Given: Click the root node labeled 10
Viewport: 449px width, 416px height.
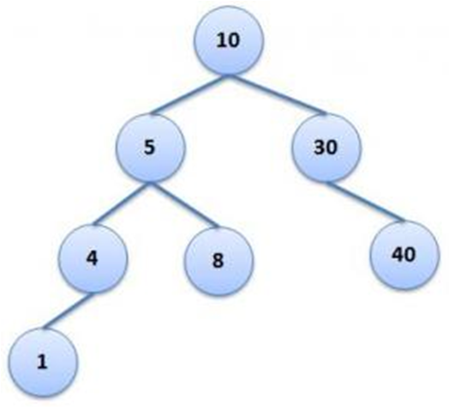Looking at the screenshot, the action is coord(228,39).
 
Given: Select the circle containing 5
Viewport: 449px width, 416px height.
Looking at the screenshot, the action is coord(151,148).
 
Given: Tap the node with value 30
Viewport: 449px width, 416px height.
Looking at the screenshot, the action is coord(326,148).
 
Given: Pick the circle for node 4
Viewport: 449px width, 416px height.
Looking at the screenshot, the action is coord(93,258).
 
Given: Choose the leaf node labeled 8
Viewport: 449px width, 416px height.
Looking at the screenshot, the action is coord(219,261).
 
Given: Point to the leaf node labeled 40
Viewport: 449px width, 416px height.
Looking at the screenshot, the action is coord(404,255).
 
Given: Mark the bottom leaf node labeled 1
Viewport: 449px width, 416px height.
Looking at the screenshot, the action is coord(43,362).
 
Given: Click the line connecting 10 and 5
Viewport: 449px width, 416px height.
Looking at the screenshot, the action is coord(189,94).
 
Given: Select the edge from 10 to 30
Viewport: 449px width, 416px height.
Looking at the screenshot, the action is coord(277,94).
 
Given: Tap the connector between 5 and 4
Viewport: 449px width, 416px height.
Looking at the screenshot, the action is coord(122,203).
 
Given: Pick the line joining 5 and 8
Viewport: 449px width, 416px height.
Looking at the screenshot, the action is coord(184,204).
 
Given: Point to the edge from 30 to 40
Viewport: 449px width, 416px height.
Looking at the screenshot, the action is coord(365,202).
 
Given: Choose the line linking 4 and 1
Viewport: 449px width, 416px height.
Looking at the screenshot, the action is coord(68,310).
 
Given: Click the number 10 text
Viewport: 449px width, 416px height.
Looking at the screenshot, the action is coord(228,40).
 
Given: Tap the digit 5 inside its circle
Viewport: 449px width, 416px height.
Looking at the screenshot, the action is coord(149,148).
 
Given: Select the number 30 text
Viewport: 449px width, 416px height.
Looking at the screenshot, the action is coord(326,148).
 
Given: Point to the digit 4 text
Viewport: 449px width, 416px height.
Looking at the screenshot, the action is coord(92,258).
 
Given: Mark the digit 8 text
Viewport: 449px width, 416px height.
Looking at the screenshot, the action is coord(218,261).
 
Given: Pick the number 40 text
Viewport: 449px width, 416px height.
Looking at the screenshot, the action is coord(404,255).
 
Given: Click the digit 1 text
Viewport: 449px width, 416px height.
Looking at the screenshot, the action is coord(42,362).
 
